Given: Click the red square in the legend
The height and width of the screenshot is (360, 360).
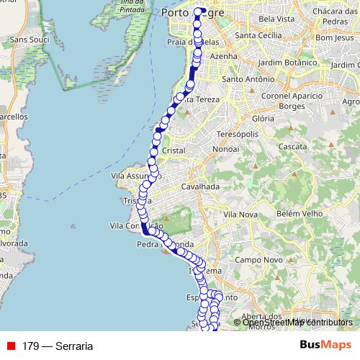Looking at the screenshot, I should (11, 346).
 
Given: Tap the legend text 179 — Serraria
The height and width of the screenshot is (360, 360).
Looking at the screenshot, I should (58, 346).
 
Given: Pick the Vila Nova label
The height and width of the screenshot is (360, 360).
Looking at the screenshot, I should (240, 215).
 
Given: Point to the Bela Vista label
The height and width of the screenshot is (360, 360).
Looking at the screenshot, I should (274, 17).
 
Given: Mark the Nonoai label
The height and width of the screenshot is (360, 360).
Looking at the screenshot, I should (227, 149).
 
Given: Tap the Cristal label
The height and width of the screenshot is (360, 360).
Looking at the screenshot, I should (174, 150).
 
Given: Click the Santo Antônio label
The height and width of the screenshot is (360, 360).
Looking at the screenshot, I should (247, 79).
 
